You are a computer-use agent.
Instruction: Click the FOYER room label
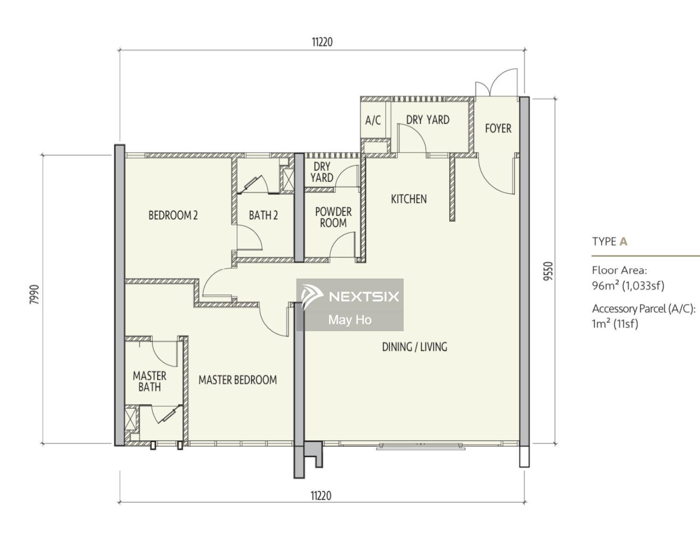click(498, 128)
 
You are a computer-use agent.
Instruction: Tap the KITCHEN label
click(409, 199)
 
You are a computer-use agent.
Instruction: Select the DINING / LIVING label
click(415, 347)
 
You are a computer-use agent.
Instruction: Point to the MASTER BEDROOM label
click(238, 380)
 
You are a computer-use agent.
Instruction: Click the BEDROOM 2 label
click(173, 215)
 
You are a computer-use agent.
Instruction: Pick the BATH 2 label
click(264, 215)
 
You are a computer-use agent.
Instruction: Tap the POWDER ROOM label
click(333, 217)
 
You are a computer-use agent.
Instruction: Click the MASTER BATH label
click(150, 382)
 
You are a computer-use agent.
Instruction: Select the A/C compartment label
click(373, 120)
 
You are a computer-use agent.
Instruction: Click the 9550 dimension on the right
click(548, 271)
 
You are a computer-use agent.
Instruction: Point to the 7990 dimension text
click(34, 295)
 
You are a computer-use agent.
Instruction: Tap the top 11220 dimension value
click(322, 42)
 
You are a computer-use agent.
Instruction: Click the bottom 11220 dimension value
click(321, 496)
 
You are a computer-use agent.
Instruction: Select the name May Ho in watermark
click(350, 320)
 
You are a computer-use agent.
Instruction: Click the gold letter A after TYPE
click(623, 242)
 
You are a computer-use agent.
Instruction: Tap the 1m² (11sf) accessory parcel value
click(615, 324)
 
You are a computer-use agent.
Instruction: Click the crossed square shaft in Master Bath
click(130, 419)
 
